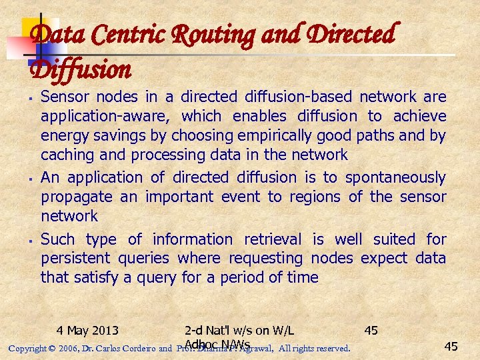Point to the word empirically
[x=278, y=135]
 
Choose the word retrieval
[x=274, y=239]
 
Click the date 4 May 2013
[x=88, y=330]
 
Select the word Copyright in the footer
[x=26, y=348]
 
